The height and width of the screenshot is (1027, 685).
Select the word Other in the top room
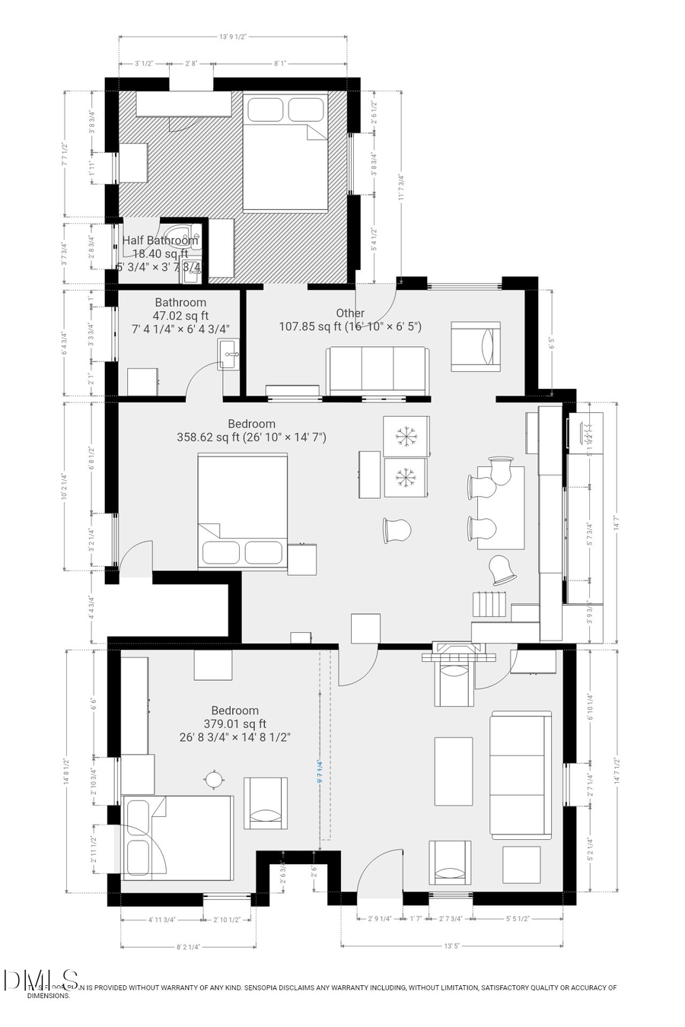(350, 313)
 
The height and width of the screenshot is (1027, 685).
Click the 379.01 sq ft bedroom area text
(234, 724)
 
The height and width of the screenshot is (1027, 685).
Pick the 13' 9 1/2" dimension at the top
(233, 37)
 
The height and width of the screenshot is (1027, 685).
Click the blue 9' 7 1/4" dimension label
(320, 771)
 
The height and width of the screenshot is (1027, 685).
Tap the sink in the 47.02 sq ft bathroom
(228, 355)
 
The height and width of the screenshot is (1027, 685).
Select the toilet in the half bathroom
(180, 236)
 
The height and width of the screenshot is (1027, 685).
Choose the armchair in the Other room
(476, 346)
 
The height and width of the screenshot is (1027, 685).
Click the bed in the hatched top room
(285, 151)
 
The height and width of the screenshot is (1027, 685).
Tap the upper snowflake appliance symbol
(406, 437)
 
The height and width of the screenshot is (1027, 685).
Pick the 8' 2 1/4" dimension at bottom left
(187, 947)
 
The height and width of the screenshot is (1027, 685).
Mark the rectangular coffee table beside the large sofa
(453, 771)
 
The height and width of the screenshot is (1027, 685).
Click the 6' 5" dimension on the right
(553, 342)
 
